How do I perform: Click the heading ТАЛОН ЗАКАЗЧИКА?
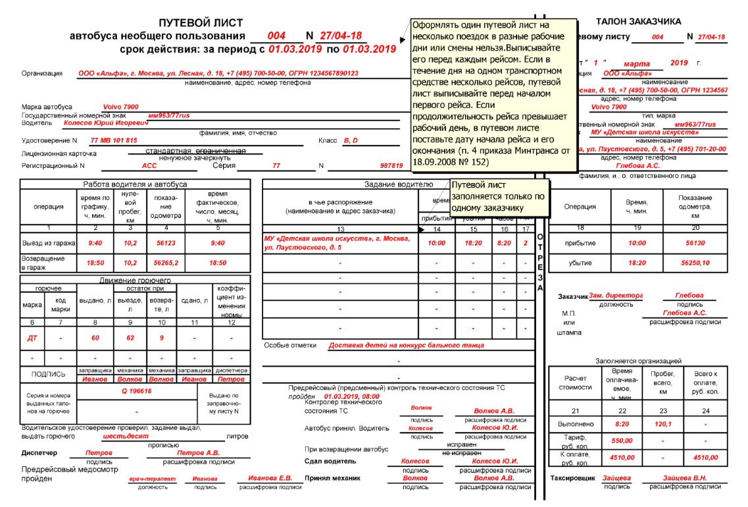[638, 22]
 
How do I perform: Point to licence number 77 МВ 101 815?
[114, 140]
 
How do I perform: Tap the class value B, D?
[351, 140]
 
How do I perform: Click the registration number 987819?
[391, 166]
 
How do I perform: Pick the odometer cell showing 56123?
[166, 243]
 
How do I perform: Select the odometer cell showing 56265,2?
[166, 263]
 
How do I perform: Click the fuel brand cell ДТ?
[32, 338]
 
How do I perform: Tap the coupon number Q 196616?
[136, 391]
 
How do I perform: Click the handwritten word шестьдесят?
[126, 436]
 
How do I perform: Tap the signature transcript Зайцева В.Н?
[685, 478]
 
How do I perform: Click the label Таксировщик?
[572, 478]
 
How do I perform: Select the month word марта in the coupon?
[636, 64]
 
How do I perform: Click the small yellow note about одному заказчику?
[499, 196]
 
